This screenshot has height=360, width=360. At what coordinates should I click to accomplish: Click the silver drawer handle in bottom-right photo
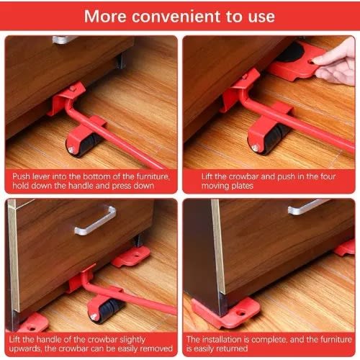coord(309,207)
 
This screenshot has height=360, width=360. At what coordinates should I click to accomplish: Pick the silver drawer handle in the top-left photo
coord(65,40)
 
